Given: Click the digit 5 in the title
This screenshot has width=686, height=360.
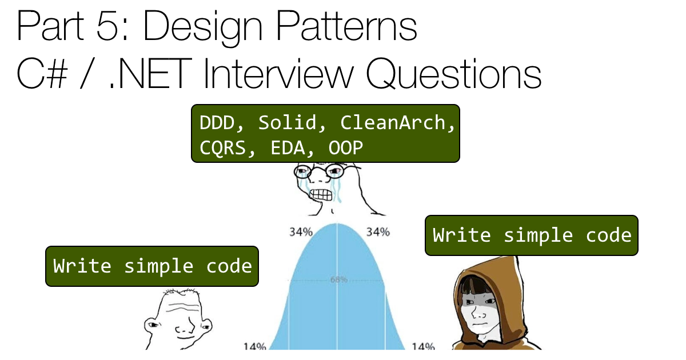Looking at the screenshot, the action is [107, 26].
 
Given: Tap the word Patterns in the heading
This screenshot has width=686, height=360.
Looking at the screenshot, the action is [346, 26].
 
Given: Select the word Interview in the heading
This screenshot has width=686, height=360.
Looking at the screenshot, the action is [279, 74].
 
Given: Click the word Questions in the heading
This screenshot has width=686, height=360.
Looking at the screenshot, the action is [454, 75].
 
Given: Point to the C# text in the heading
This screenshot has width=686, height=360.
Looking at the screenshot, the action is [42, 74].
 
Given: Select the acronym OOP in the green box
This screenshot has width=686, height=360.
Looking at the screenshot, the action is [346, 148].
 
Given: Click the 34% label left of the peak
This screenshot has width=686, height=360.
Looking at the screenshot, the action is [301, 232].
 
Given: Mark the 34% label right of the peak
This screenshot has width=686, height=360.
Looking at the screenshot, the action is [378, 232].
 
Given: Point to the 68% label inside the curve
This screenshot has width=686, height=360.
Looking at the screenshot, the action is [338, 279].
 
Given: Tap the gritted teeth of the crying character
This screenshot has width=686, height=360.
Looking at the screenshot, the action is [321, 195].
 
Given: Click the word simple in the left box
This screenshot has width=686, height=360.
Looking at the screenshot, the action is [159, 266].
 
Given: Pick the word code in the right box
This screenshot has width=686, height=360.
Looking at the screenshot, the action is [609, 235].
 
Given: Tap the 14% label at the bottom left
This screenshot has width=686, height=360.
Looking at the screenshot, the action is [254, 346].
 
